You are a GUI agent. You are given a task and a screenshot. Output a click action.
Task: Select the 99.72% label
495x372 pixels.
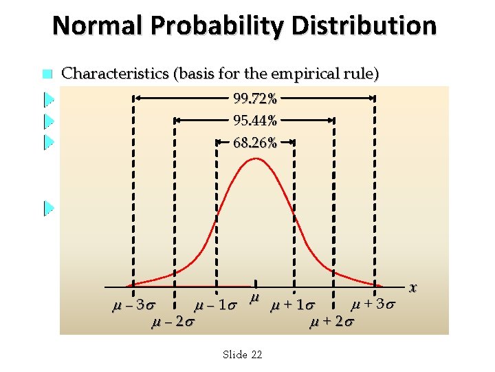255,99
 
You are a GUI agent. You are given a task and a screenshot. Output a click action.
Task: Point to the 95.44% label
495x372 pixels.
255,121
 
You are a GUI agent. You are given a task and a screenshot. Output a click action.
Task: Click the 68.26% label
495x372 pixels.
255,143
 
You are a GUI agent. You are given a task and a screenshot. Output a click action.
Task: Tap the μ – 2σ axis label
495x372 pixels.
172,321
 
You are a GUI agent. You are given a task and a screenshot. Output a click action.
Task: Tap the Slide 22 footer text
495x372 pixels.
243,354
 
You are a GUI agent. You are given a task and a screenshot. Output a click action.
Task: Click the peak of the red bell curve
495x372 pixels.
256,159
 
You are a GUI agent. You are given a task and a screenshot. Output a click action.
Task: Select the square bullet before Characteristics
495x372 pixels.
47,74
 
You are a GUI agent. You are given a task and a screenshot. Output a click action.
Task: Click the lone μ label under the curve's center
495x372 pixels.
254,297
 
